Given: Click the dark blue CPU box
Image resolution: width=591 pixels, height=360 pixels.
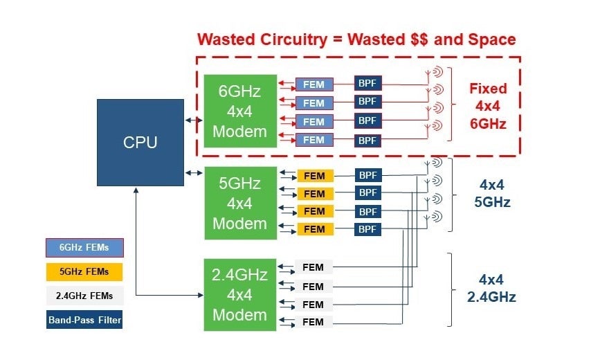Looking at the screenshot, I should coord(140,142).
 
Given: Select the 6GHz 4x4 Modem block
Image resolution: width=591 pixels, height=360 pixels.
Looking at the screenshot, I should coord(239,111).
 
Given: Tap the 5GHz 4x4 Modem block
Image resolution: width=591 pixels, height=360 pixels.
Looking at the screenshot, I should coord(239,204).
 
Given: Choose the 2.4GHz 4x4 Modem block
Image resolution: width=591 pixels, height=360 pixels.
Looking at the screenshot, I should coord(239,294).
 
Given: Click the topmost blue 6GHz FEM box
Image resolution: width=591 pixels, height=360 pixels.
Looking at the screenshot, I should coord(314,84).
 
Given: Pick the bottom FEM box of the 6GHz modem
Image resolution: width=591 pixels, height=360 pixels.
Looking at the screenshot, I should coord(314,140).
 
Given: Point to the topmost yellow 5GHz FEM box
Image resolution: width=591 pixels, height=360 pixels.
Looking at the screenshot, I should coord(314,176).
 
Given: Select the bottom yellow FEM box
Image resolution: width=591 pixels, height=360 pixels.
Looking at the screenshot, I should coord(314,229).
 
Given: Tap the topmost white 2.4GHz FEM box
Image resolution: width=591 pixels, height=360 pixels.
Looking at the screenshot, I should coord(313,267).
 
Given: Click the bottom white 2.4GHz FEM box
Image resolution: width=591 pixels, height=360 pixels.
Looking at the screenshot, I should coord(313,321).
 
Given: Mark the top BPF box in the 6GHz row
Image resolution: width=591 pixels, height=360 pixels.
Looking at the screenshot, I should coord(367,83).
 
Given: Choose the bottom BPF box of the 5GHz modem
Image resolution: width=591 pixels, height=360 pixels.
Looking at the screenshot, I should coord(367,228).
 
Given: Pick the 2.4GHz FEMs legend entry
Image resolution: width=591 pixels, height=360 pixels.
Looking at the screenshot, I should coord(84,296).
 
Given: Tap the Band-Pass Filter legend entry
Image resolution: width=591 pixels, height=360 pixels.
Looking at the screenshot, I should coord(85,320).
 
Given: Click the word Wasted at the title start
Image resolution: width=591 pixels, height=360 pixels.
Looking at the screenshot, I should coord(226,39).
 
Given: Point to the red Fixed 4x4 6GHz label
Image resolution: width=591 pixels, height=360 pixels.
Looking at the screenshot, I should coord(488,107).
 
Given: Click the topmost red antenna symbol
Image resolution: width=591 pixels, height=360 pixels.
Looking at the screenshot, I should coord(437,72).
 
